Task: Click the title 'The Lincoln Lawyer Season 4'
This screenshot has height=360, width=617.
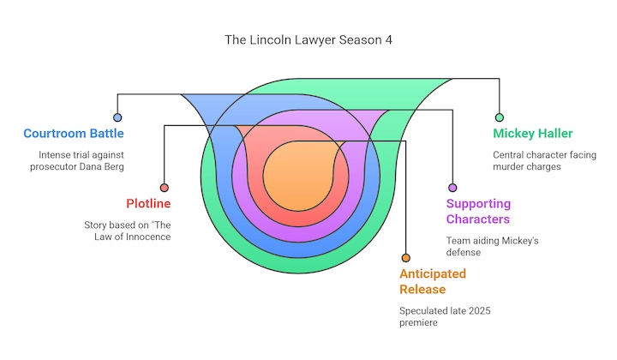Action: coord(308,39)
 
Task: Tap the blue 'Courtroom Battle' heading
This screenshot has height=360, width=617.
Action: coord(74,134)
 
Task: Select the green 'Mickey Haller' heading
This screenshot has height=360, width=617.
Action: coord(532,134)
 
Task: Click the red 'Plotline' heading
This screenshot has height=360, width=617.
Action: coord(148,204)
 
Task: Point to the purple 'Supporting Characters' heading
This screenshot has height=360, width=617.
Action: coord(478,212)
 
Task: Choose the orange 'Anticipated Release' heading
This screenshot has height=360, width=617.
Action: coord(433,282)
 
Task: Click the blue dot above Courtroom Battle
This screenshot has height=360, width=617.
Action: coord(117,117)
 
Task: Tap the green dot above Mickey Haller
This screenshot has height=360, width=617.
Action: coord(499,117)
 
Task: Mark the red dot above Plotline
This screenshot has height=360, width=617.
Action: coord(165,188)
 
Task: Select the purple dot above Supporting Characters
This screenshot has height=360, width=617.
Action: coord(452,188)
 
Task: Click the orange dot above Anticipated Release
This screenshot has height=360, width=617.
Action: coord(405,258)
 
